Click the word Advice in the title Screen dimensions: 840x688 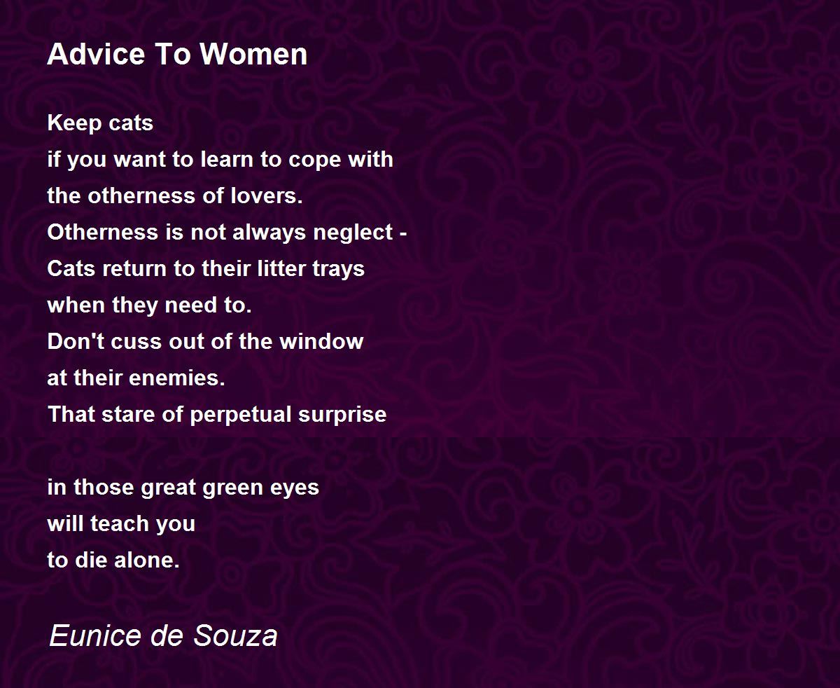[x=96, y=54]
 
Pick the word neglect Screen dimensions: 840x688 [x=353, y=233]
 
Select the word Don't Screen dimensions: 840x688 [x=76, y=342]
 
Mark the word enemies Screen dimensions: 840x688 [x=177, y=378]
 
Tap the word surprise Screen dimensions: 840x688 [x=342, y=415]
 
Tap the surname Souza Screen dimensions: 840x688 [x=235, y=635]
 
